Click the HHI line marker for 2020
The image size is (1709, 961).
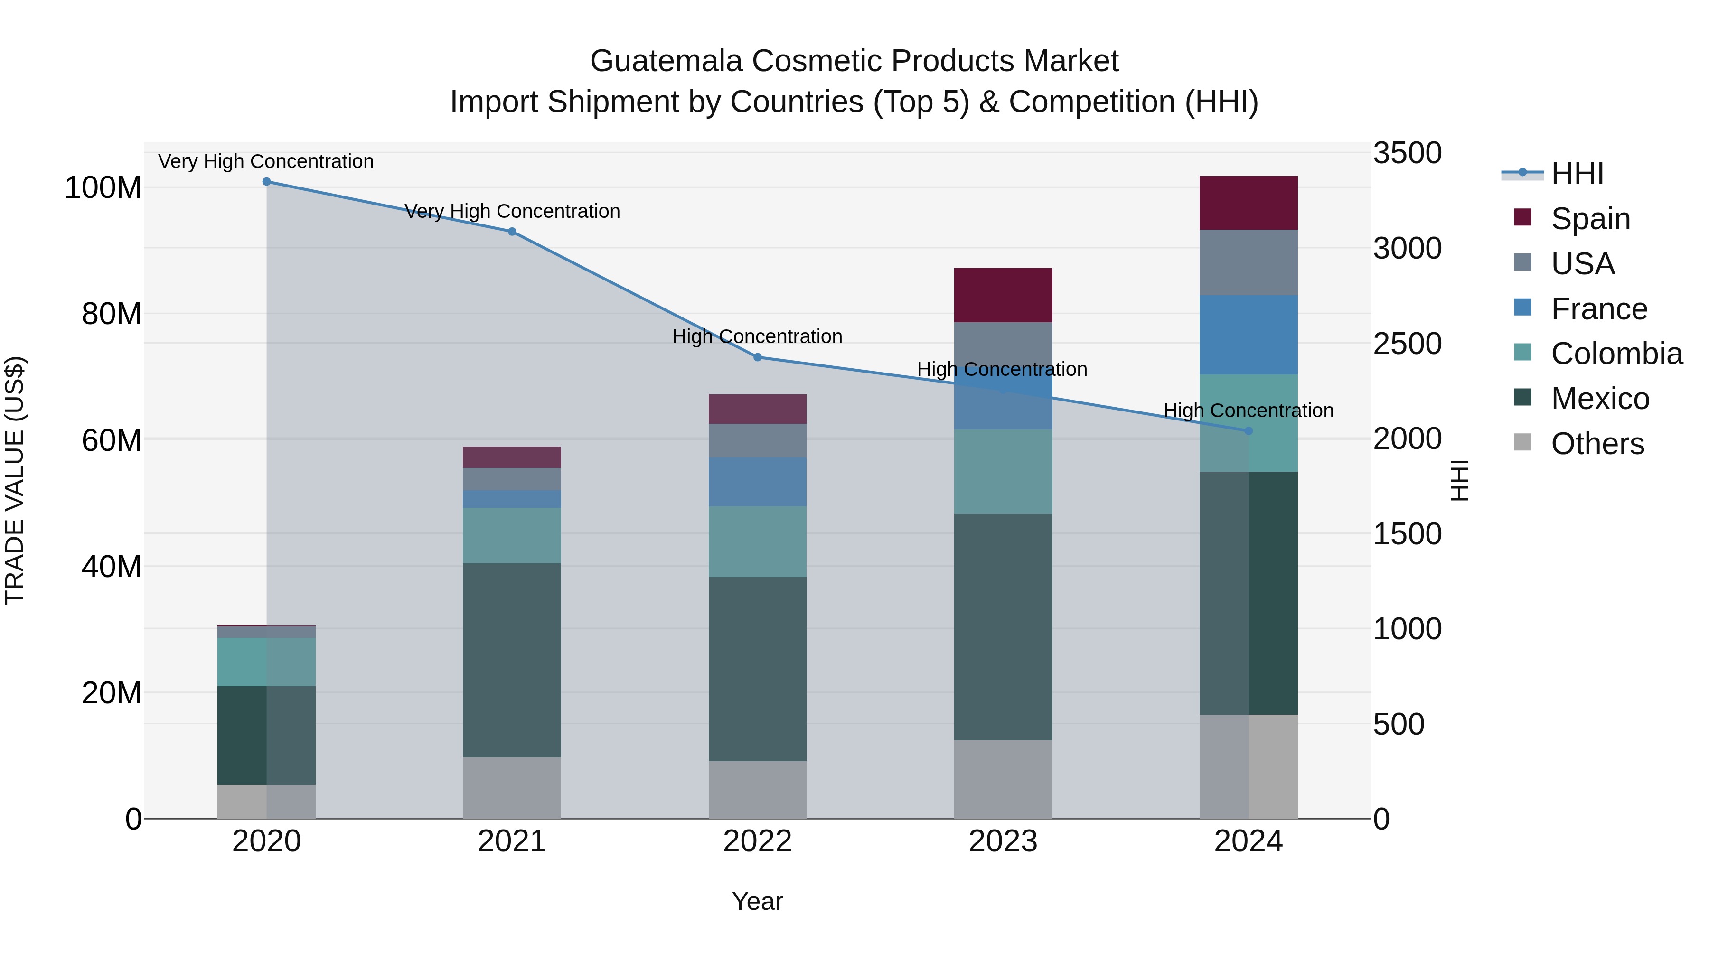[267, 182]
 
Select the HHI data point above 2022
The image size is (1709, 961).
[758, 357]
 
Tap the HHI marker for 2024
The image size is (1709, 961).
[1249, 431]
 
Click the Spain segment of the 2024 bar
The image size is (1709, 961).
[1249, 203]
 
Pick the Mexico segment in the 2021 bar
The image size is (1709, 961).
[511, 660]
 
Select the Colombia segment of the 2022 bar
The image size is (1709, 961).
[758, 542]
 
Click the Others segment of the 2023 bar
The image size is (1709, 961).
[1003, 779]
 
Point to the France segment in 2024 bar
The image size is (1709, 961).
[1249, 335]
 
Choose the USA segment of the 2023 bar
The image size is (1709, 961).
[1003, 344]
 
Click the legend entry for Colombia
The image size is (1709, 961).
[1616, 354]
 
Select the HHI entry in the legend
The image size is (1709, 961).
[1577, 174]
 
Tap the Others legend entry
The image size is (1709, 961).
[1597, 444]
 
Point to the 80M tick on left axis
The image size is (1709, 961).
[112, 314]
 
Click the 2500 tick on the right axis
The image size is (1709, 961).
[1407, 344]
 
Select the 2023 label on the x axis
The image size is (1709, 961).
[1003, 841]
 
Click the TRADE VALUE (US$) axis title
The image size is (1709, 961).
[15, 480]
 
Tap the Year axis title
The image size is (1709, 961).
[757, 901]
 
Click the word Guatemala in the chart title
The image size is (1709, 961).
[666, 61]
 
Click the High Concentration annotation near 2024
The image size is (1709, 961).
[1249, 411]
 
